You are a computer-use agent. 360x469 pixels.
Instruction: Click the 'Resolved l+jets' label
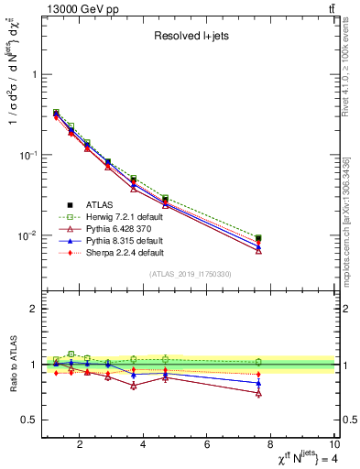(x=190, y=37)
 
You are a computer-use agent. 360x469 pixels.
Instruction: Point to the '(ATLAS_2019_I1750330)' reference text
(x=190, y=273)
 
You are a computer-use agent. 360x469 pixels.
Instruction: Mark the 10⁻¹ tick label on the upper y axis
(x=27, y=155)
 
